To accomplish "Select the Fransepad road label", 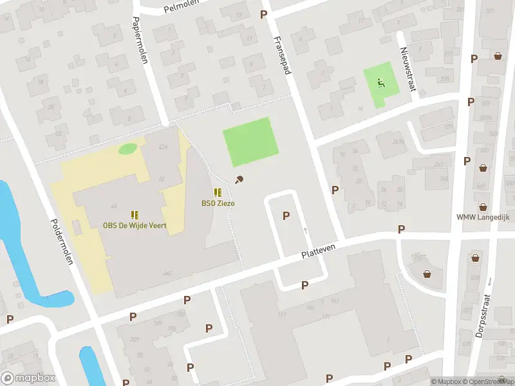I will pyautogui.click(x=281, y=55).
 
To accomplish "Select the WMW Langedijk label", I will pyautogui.click(x=483, y=217).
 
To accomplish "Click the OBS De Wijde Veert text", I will pyautogui.click(x=135, y=225).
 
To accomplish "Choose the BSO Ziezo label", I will pyautogui.click(x=218, y=203).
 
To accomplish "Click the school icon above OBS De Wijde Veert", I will pyautogui.click(x=135, y=214).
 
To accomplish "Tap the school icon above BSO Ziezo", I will pyautogui.click(x=218, y=192).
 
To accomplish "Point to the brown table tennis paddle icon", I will pyautogui.click(x=239, y=180).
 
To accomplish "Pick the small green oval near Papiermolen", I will pyautogui.click(x=127, y=149).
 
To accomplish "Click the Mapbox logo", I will pyautogui.click(x=28, y=378).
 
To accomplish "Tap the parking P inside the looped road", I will pyautogui.click(x=286, y=216).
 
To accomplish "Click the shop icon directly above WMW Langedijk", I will pyautogui.click(x=483, y=168).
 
